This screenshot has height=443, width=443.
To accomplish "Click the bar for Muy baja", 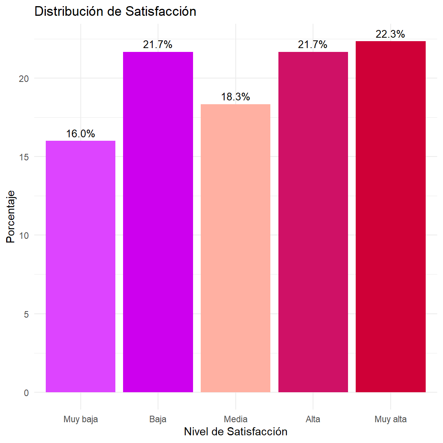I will pos(80,266).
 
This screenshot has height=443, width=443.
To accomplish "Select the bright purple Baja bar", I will pos(158,222).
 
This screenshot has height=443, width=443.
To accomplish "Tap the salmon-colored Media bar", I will pos(235,248).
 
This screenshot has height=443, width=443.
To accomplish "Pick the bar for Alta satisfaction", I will pos(313,222).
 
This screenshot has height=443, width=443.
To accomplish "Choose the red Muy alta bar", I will pos(390,217).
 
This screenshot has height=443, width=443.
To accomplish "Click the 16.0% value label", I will pos(80,134).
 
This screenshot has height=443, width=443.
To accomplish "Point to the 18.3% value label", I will pos(235,97).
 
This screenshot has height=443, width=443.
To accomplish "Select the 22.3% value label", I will pos(390,34).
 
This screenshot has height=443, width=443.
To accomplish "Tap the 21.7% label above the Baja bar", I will pos(158,45).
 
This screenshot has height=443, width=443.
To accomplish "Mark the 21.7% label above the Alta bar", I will pos(313,45).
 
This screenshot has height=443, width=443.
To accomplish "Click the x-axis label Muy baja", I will pos(81,419).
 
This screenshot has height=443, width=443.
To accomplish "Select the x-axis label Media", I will pos(236,419).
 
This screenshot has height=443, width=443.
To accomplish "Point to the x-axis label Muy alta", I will pos(391,419).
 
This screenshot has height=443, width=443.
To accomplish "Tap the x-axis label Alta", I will pos(313,419).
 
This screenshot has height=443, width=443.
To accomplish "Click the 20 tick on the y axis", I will pos(24,79).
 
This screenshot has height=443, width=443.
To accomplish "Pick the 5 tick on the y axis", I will pos(26,315).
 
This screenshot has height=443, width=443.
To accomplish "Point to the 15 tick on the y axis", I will pos(24,157).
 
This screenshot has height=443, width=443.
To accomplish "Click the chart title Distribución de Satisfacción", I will pos(115,12).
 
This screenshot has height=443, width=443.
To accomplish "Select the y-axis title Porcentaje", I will pos(11,217).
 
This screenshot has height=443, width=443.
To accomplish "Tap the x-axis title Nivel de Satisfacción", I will pos(236,431).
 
